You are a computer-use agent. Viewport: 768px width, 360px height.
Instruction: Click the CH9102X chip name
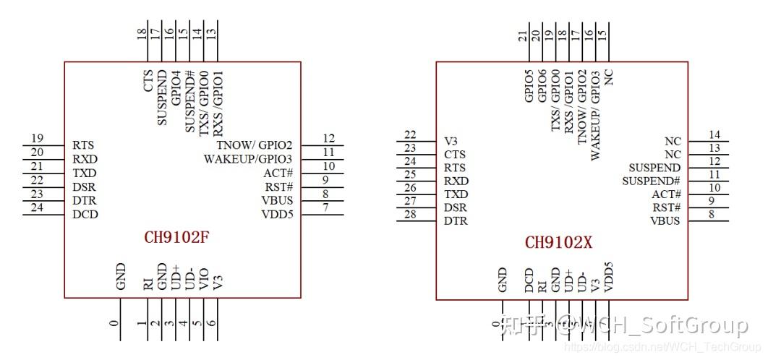pyautogui.click(x=558, y=243)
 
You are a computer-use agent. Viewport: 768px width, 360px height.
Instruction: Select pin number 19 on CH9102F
pyautogui.click(x=38, y=138)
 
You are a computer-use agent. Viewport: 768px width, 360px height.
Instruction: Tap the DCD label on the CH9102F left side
pyautogui.click(x=85, y=214)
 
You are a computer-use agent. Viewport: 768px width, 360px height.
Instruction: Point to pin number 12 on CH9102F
pyautogui.click(x=328, y=138)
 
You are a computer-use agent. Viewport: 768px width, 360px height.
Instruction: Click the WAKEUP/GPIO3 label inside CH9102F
pyautogui.click(x=247, y=159)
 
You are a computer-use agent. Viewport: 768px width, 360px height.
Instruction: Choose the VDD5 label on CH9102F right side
pyautogui.click(x=277, y=214)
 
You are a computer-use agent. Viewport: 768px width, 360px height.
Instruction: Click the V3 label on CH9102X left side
pyautogui.click(x=451, y=140)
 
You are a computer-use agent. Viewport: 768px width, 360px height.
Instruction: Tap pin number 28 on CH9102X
pyautogui.click(x=410, y=214)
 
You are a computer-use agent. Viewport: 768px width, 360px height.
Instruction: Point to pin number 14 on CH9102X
pyautogui.click(x=714, y=134)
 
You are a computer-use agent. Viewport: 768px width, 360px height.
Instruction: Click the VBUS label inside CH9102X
pyautogui.click(x=665, y=220)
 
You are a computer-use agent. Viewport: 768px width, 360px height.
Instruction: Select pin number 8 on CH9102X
pyautogui.click(x=712, y=214)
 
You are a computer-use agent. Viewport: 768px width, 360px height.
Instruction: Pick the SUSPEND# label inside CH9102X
pyautogui.click(x=651, y=181)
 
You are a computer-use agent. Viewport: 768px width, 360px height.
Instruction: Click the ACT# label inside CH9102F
pyautogui.click(x=278, y=173)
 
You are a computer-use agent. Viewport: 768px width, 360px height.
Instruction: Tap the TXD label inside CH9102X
pyautogui.click(x=456, y=194)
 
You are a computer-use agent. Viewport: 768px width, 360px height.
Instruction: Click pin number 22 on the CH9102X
pyautogui.click(x=410, y=134)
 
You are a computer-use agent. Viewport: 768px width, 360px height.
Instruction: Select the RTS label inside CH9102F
pyautogui.click(x=83, y=145)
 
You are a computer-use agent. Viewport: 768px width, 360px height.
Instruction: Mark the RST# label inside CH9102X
pyautogui.click(x=666, y=207)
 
